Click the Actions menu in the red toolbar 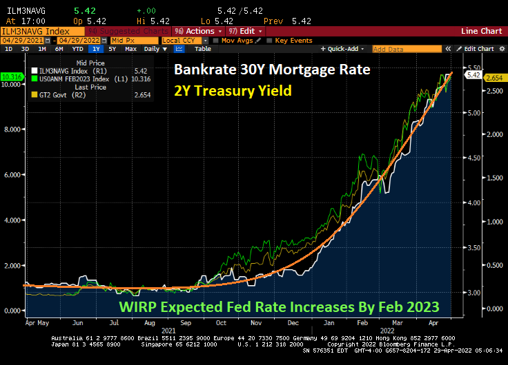click(199, 31)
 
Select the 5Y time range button click(112, 49)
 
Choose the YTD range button click(78, 49)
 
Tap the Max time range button click(130, 49)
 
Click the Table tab click(202, 49)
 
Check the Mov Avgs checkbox click(218, 40)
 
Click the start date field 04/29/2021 click(18, 40)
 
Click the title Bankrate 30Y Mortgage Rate click(272, 70)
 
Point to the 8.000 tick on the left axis click(13, 129)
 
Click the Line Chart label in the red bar click(481, 31)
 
